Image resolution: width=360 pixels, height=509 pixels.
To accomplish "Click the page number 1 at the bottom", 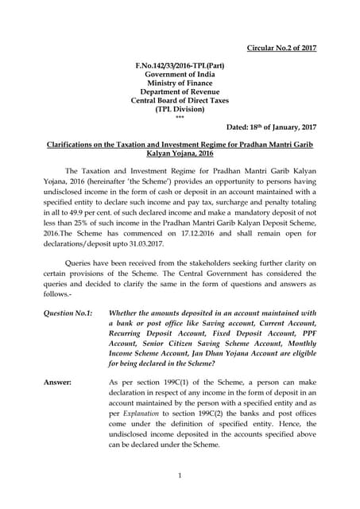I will (180, 475).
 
